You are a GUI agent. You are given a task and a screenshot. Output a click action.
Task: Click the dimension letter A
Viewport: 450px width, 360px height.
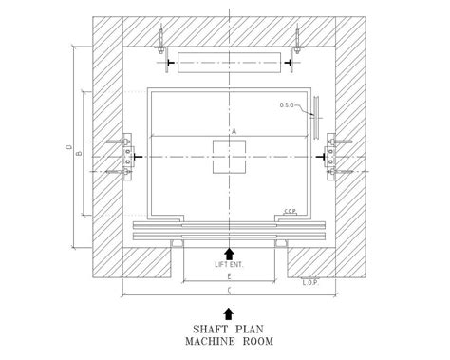232,131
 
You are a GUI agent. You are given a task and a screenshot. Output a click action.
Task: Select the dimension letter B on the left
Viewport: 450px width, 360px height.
79,152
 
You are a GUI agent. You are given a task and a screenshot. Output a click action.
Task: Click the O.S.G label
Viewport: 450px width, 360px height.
290,104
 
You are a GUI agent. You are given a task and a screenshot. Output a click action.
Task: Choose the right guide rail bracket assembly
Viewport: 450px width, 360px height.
333,156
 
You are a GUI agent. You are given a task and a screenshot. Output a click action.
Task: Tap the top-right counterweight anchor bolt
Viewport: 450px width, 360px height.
296,38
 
